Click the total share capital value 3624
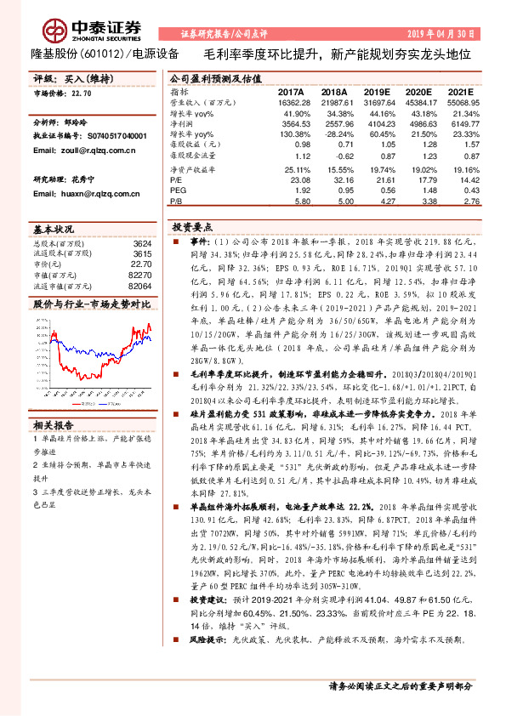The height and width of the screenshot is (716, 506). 142,244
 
